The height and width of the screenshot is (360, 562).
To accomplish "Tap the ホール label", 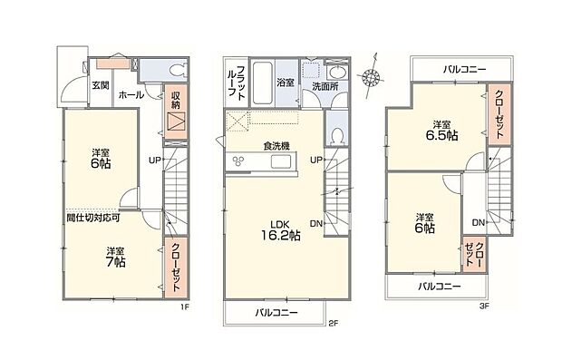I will pos(128,93).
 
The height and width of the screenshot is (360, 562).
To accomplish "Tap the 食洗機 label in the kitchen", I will pos(276,145).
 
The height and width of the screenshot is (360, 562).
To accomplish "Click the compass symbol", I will pos(370,80).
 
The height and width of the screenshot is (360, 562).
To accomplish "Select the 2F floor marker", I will pos(333,322).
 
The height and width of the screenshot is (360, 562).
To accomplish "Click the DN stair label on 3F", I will pos(477,223).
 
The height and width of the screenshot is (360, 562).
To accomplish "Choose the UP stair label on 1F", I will pos(155,161).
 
